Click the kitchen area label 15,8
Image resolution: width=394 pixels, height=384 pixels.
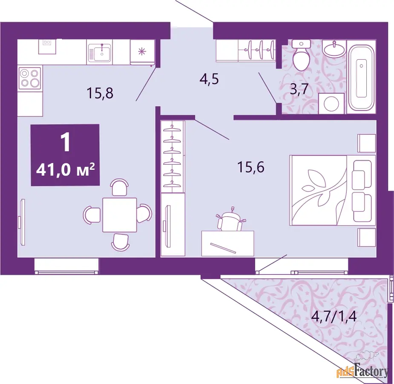100,93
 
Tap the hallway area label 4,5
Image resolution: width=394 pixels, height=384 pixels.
209,79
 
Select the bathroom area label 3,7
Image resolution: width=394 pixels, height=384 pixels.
299,89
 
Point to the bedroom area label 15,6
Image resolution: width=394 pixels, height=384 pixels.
251,167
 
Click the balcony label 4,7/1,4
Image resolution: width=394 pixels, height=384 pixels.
334,316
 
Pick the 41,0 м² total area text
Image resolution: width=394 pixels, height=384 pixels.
65,170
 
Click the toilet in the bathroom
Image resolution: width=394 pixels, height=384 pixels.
302,55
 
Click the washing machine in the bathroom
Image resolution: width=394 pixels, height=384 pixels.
331,103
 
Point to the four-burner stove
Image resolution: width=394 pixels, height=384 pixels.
30,78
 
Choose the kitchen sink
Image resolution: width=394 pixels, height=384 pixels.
99,52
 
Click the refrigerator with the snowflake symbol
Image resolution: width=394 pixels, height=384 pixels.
142,52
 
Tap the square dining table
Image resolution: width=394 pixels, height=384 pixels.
120,215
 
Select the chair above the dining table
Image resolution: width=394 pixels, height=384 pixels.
120,187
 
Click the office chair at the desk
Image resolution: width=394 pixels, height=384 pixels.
230,219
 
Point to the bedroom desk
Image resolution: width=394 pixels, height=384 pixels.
227,244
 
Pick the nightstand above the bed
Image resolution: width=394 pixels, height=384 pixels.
367,143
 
